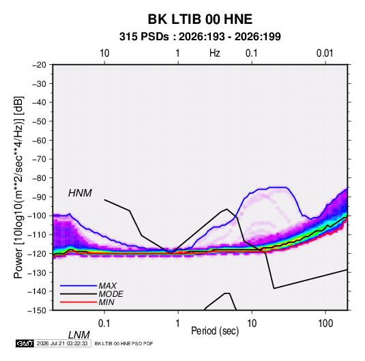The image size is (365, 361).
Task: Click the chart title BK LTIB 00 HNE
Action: (x=200, y=19)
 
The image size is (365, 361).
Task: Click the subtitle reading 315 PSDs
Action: (x=144, y=37)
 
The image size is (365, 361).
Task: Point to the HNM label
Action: (x=80, y=193)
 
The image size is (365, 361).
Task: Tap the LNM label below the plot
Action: (x=79, y=335)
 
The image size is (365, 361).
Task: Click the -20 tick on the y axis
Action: (x=39, y=65)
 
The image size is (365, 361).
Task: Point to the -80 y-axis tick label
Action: (x=39, y=178)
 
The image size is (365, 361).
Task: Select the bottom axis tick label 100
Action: (x=325, y=323)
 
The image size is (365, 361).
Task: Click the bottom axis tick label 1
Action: (x=177, y=323)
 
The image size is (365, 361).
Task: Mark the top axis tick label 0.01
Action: (x=325, y=53)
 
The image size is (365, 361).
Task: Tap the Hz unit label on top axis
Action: (x=215, y=53)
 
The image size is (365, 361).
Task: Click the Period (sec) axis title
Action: (x=215, y=331)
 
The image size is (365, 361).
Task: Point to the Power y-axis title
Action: (x=18, y=187)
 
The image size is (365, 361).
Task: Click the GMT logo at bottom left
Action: (x=25, y=343)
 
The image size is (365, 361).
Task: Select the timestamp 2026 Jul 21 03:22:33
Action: (x=62, y=343)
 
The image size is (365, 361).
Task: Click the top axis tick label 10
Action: (x=104, y=53)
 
